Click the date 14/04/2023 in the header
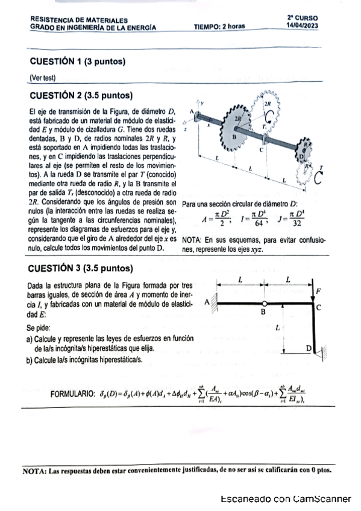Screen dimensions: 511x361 click(x=303, y=26)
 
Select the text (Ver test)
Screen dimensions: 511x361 click(x=42, y=77)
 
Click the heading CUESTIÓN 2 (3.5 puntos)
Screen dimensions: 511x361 click(x=81, y=95)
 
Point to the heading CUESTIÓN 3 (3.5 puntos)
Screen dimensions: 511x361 click(x=81, y=268)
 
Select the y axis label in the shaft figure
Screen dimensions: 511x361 click(x=203, y=103)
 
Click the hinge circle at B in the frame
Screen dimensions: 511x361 click(x=264, y=304)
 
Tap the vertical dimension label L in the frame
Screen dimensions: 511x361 click(x=277, y=329)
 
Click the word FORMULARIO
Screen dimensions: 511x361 click(x=73, y=394)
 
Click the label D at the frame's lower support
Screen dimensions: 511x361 click(x=308, y=348)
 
